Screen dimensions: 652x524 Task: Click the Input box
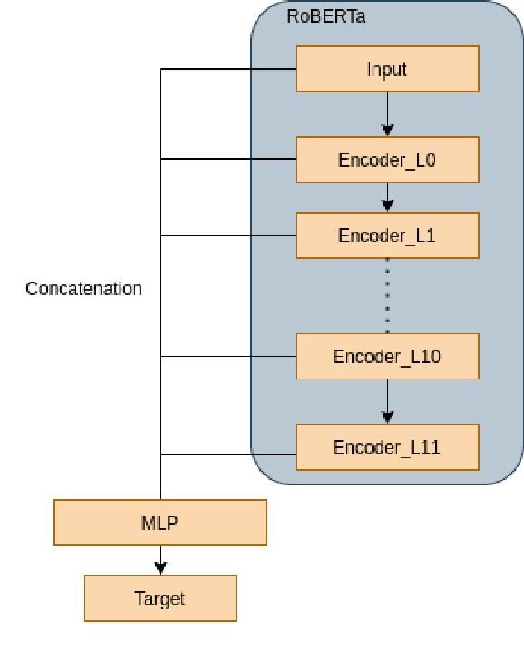click(387, 70)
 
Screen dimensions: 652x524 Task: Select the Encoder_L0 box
click(387, 160)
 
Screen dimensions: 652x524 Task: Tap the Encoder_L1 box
click(387, 235)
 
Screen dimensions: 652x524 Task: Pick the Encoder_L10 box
click(387, 356)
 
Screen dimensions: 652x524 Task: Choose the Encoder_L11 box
click(387, 447)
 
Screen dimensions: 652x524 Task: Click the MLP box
click(160, 523)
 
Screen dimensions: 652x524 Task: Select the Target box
click(160, 599)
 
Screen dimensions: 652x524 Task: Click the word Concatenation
click(83, 289)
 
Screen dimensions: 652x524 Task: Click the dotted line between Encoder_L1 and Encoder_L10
click(387, 295)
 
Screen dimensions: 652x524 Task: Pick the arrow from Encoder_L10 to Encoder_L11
click(387, 401)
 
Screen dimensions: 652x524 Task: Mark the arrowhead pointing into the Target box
click(160, 569)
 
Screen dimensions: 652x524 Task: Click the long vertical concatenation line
click(160, 272)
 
